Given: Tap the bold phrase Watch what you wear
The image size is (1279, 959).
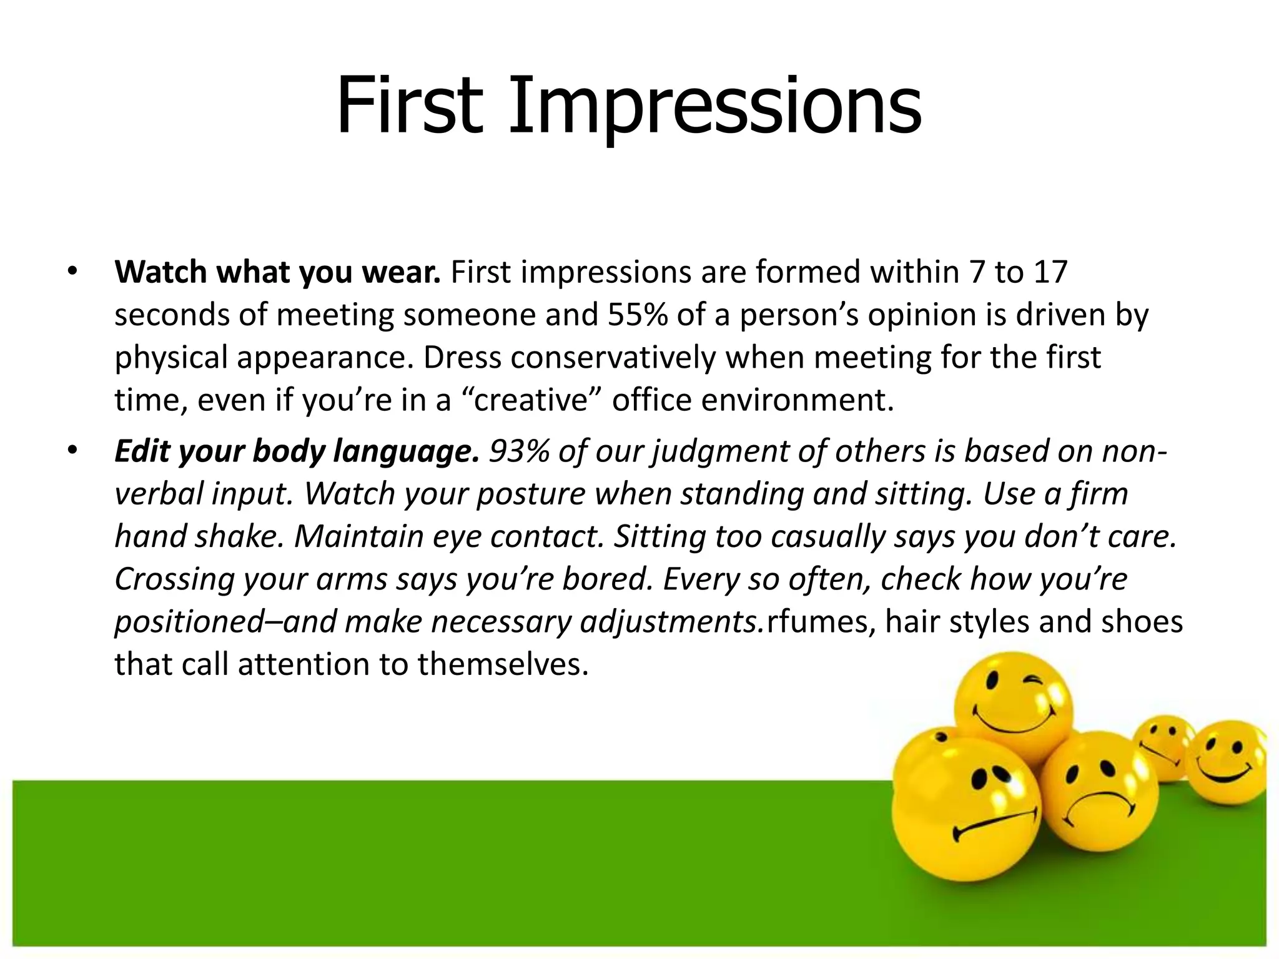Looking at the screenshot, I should coord(278,273).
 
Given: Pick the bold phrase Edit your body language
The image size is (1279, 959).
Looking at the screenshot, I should coord(297,451).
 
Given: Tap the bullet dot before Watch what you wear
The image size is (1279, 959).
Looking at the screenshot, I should coord(72,272).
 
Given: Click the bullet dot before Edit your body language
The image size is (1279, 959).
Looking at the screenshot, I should coord(72,451).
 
